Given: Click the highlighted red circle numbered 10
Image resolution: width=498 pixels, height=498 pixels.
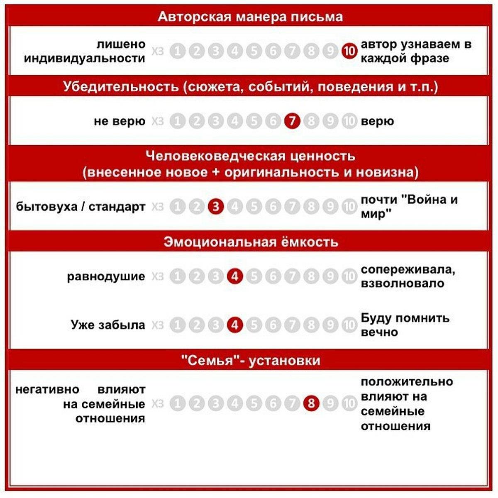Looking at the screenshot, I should (349, 51).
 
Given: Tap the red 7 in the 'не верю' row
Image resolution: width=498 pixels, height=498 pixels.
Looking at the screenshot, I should (292, 121).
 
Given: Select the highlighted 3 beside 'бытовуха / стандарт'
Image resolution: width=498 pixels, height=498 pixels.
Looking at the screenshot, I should (216, 206).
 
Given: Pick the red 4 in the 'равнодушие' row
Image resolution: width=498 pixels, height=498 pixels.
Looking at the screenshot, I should (235, 276).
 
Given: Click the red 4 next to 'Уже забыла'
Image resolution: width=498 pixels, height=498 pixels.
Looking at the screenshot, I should (235, 325).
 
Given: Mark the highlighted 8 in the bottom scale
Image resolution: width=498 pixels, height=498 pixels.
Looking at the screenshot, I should (311, 403).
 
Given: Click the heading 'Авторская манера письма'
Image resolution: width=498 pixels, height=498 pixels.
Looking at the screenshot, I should (250, 17).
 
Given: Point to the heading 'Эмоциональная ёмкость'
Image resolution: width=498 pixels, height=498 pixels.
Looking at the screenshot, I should (251, 242).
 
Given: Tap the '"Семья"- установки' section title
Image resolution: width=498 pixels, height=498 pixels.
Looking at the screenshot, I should (251, 360).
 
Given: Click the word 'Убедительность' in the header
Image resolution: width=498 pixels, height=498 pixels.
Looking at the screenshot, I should (121, 86).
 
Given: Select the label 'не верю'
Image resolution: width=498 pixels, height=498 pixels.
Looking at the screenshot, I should (120, 121).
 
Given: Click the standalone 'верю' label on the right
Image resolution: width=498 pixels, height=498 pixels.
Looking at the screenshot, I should (377, 121).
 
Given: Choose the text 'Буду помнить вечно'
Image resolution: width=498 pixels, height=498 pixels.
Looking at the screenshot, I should (405, 325).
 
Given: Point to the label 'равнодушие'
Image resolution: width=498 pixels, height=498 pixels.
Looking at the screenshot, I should (106, 276).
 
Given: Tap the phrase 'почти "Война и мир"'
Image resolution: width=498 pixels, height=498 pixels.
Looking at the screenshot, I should (409, 206).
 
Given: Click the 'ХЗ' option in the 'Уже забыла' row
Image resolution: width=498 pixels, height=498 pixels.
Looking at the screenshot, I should (158, 325).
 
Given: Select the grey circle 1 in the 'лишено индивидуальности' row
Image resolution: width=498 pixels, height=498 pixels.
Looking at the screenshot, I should (178, 51).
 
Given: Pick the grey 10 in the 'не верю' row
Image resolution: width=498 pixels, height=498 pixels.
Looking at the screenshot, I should (349, 121).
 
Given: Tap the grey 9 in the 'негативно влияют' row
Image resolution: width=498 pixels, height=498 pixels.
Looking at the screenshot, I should (330, 403).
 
